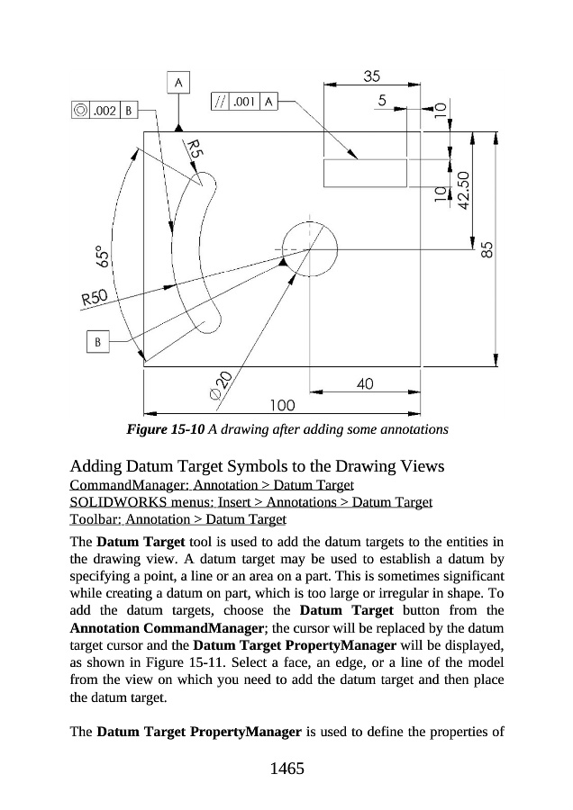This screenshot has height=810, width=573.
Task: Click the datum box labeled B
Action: (x=97, y=342)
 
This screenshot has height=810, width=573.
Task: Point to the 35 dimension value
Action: (x=369, y=76)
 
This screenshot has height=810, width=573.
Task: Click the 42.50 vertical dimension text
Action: (x=463, y=190)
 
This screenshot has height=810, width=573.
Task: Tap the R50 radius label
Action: (x=93, y=297)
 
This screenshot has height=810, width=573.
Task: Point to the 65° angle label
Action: (x=105, y=259)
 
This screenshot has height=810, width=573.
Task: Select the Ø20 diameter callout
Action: (x=219, y=385)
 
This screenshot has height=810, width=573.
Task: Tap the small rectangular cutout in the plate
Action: (x=359, y=173)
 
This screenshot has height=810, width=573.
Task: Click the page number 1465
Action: (x=286, y=769)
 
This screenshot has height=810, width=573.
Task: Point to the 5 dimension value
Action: (x=383, y=102)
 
